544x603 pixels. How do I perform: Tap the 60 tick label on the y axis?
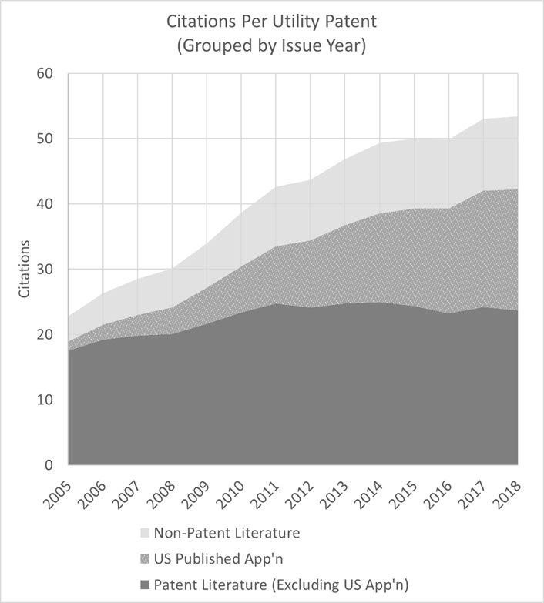[x=44, y=74]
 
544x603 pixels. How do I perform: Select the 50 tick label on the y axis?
[x=44, y=139]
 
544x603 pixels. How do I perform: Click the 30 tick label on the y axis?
[x=44, y=270]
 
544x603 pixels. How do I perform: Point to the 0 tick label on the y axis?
[x=48, y=465]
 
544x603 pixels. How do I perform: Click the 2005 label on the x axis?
[x=59, y=493]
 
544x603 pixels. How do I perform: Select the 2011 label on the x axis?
[x=267, y=493]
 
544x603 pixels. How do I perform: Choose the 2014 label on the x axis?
[x=371, y=493]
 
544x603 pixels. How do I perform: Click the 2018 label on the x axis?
[x=509, y=493]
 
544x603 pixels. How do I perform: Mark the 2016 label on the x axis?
[x=439, y=493]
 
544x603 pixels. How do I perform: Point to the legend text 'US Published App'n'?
[x=212, y=556]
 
